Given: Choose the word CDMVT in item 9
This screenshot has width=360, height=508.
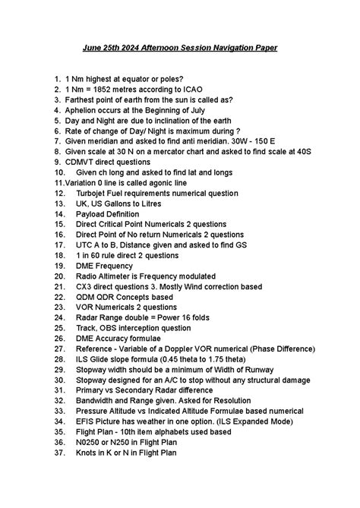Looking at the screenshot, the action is (x=83, y=162).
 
